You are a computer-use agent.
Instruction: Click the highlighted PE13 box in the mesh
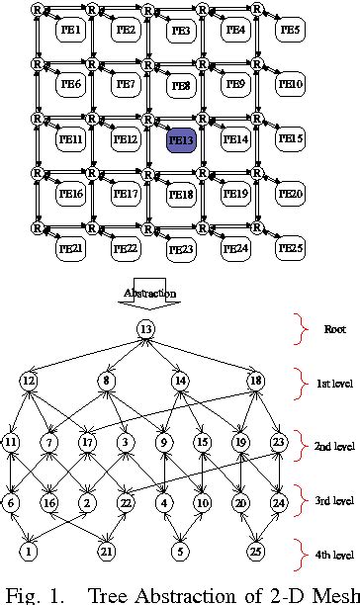(181, 139)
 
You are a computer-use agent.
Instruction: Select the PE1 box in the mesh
(71, 31)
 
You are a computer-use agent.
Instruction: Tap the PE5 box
(290, 31)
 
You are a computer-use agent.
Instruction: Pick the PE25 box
(290, 247)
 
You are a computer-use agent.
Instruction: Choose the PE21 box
(71, 247)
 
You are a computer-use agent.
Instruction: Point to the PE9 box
(235, 85)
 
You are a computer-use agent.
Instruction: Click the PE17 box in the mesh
(126, 194)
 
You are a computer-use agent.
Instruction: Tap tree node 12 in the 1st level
(30, 381)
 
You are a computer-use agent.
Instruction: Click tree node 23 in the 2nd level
(278, 442)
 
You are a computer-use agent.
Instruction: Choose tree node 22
(126, 503)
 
